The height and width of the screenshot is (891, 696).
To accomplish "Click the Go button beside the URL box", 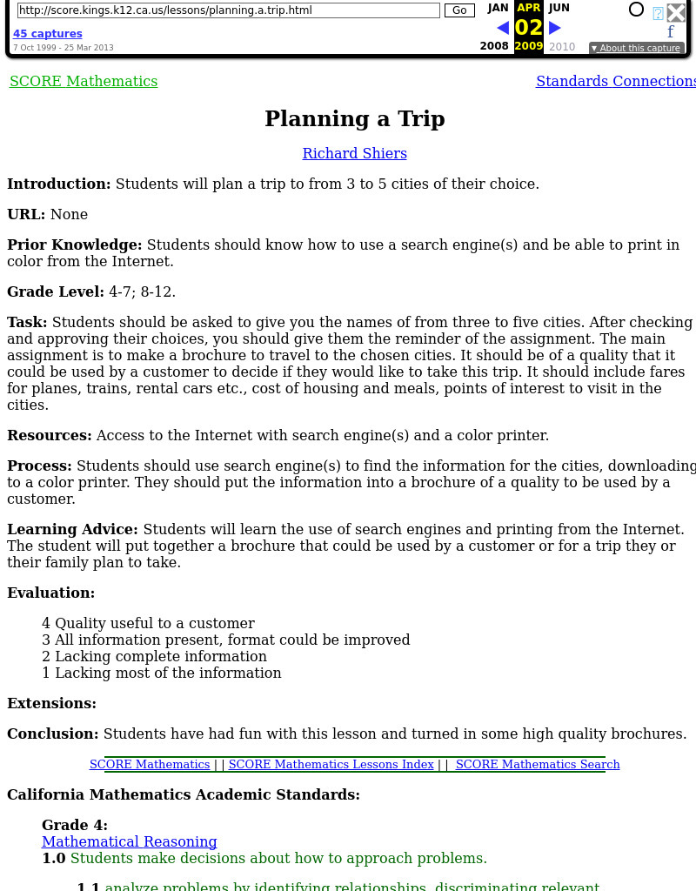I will coord(459,10).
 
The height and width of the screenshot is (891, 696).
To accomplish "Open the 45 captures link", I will coord(48,34).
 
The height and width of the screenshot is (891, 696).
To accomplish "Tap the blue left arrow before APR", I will coord(502,28).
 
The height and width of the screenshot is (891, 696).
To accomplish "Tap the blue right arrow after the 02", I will coord(555,28).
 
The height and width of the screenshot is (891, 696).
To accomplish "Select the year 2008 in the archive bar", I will coord(494,47).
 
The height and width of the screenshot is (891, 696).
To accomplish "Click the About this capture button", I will coord(635,49).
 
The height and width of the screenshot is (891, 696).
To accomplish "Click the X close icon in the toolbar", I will coord(676,12).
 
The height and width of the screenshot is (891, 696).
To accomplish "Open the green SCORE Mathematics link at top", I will coord(84,82).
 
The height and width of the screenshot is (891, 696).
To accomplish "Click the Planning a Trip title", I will coord(355,119).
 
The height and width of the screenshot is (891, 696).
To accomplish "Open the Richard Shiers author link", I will coord(355,154).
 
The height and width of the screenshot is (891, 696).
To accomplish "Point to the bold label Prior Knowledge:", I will coord(75,245).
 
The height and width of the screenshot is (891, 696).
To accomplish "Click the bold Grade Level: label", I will coord(56,292).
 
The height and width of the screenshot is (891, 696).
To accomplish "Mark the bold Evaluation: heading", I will coord(51,593).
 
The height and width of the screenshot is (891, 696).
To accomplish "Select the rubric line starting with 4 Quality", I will coord(148,624).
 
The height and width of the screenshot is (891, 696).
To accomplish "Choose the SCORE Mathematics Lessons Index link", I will coord(331,765).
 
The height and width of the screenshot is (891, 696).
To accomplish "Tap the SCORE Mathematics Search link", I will coord(538,765).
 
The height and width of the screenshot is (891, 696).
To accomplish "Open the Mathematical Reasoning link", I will coord(130,842).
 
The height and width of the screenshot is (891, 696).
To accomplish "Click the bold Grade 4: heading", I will coord(75,826).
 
